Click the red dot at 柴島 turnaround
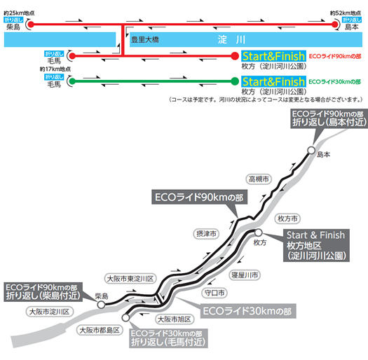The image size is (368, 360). (31, 24)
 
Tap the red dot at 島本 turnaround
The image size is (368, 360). (335, 25)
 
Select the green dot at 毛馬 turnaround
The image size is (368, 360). (72, 81)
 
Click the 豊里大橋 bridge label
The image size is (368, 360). (145, 40)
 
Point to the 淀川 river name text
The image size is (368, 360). (231, 40)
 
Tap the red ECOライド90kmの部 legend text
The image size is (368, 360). (335, 56)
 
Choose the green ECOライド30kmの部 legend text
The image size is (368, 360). (334, 82)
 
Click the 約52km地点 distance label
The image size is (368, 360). (346, 13)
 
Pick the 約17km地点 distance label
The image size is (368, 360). (55, 69)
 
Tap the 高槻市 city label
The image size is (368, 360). (259, 179)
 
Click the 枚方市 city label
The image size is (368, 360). (287, 219)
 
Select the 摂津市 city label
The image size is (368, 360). (206, 234)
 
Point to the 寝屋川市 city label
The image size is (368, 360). (245, 275)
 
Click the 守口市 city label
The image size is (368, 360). (214, 293)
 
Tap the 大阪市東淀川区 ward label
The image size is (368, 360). (130, 279)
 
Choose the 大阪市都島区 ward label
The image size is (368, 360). (100, 330)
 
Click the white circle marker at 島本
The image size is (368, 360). (311, 150)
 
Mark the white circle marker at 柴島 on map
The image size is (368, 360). (101, 305)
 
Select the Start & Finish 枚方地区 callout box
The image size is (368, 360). (316, 245)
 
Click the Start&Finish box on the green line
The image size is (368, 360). (273, 82)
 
